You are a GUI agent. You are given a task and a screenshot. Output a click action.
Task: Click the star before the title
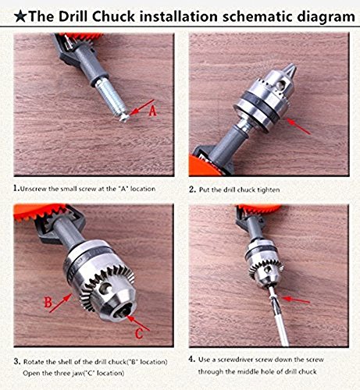tap(20, 16)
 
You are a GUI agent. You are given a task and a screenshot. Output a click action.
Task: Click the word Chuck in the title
tap(113, 16)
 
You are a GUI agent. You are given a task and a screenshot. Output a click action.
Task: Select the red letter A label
tap(153, 111)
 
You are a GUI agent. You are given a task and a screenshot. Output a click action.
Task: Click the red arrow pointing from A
tap(142, 107)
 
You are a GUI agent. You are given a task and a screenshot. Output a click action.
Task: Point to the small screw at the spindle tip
tap(124, 118)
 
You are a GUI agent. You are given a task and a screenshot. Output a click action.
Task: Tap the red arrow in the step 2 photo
tap(298, 126)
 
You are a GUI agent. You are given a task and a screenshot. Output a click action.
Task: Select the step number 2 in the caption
tap(192, 190)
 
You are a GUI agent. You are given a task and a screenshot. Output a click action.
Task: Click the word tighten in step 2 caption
tap(269, 190)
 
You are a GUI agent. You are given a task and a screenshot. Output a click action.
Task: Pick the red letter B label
tap(48, 303)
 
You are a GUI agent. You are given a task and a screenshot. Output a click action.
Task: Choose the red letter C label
tap(139, 334)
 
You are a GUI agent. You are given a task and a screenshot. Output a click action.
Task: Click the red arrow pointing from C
tap(138, 323)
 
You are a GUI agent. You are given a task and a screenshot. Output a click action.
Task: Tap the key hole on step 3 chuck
tap(105, 288)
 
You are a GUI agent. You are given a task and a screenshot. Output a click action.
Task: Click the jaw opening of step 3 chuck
tap(122, 314)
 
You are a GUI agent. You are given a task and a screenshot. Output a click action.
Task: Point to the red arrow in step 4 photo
tap(296, 300)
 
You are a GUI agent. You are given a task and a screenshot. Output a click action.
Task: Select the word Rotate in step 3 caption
tap(34, 362)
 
